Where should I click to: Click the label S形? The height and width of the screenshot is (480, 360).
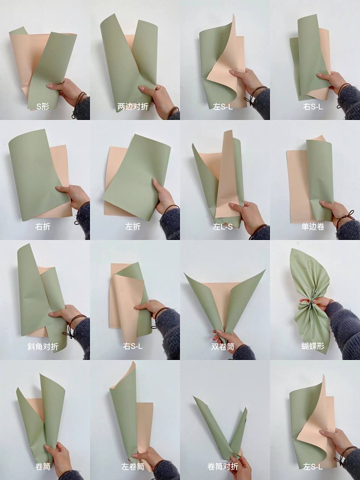pos(43,107)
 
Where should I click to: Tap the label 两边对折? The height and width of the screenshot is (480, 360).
pos(133,107)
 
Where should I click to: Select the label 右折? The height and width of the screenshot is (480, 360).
pos(43,226)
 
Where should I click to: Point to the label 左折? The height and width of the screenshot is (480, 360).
pos(133,226)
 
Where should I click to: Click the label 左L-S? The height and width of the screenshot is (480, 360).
pos(223,227)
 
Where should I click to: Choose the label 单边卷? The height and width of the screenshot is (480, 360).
pos(313,226)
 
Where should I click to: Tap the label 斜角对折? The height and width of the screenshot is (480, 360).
pos(43,346)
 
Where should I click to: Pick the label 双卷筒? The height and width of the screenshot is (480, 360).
pos(223,346)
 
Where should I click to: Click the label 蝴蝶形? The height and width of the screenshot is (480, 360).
pos(313,346)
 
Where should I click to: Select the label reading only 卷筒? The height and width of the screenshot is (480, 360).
pos(43,466)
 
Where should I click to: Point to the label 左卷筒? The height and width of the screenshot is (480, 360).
pos(133,466)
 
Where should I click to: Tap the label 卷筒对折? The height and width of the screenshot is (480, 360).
pos(223,466)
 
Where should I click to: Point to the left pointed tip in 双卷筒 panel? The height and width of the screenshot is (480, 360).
pos(184,273)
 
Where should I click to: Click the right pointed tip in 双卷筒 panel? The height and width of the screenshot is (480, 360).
pos(266,269)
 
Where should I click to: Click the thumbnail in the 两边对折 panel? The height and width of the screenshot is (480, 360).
pos(142,88)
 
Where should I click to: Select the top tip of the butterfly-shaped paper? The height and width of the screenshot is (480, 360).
pos(292,248)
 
